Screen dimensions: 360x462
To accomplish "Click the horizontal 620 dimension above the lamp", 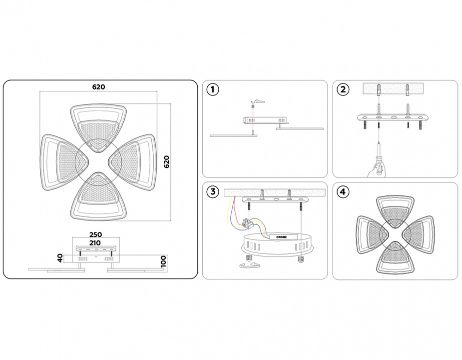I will tap(98, 86).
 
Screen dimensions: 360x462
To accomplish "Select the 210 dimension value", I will tap(95, 242).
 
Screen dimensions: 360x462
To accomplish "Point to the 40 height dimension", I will tap(60, 258).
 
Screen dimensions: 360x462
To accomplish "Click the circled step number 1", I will tap(213, 90).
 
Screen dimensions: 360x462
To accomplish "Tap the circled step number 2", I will tap(343, 90).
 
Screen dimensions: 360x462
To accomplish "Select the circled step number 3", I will tap(213, 191).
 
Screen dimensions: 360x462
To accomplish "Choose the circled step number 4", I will tap(343, 191).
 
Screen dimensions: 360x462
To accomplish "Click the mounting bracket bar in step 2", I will tap(393, 118).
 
